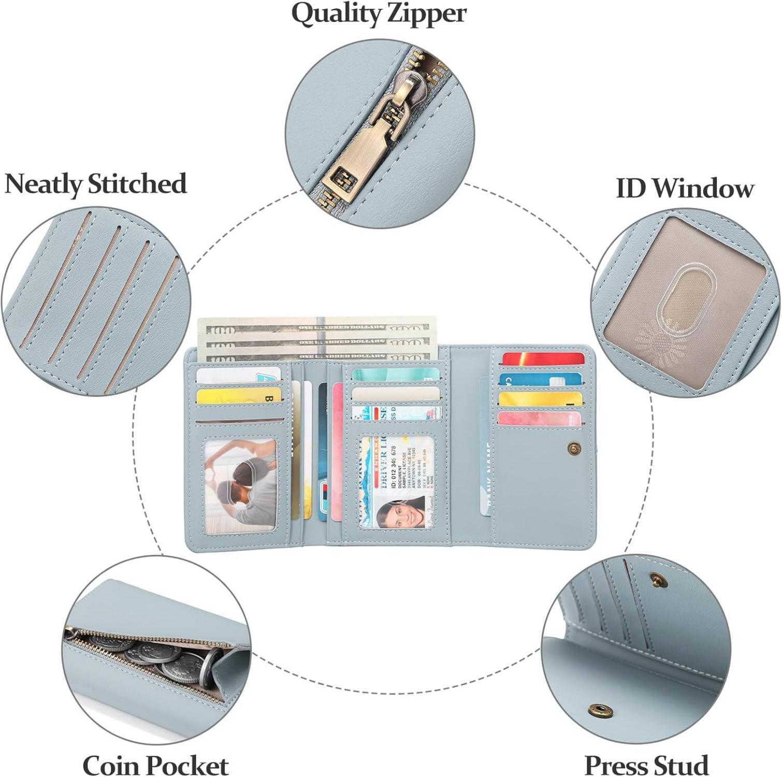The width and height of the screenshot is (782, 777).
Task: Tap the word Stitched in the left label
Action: click(137, 184)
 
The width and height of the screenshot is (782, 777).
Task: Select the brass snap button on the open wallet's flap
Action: click(573, 447)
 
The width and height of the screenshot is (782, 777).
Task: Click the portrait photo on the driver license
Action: click(400, 512)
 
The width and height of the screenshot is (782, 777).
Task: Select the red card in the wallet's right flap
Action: click(543, 358)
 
